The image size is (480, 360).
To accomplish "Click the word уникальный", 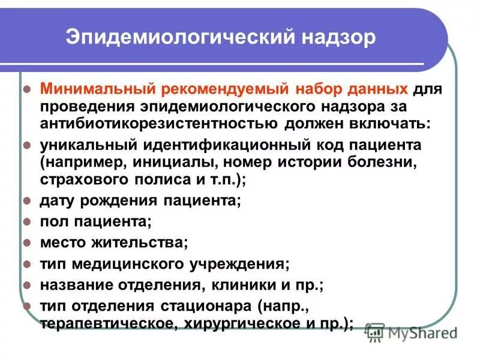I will (88, 146).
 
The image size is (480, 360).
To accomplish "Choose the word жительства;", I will (134, 242).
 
